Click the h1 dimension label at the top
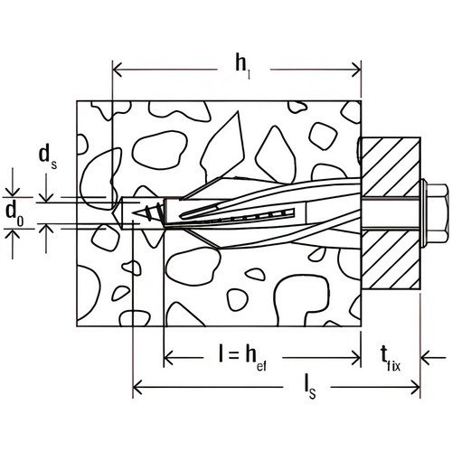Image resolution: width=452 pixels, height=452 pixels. pos(243,68)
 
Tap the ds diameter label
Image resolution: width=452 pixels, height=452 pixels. pos(48,158)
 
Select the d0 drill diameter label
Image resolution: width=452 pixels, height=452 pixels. pos(14,214)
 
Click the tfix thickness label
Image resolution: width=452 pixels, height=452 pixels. pos(391,359)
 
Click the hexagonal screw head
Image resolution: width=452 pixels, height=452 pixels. pos(437,214)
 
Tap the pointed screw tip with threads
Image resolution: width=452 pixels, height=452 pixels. pos(147,213)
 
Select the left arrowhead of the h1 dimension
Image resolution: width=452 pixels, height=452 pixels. pos(117,70)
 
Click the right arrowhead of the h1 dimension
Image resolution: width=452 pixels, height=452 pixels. pos(356,70)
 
